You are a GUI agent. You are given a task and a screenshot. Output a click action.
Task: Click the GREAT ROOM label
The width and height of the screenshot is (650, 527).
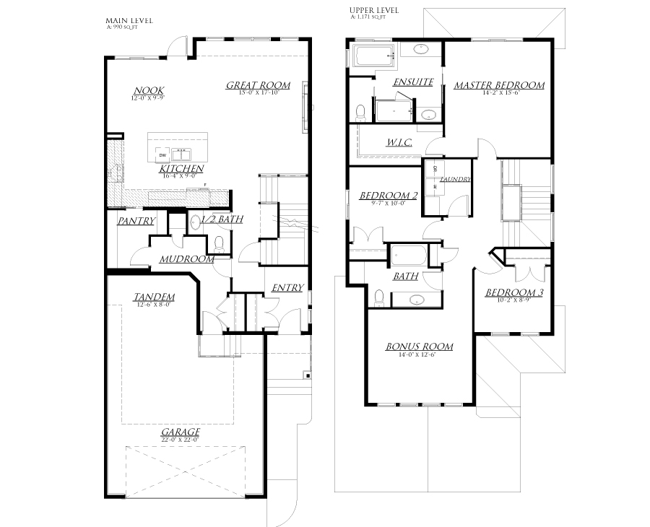(x=258, y=85)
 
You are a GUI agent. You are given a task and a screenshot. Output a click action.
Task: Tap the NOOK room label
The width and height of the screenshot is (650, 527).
(x=144, y=91)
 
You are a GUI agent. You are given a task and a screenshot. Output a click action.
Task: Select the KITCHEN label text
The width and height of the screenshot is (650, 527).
(x=182, y=168)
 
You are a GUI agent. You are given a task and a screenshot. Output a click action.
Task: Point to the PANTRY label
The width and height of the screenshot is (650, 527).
(x=136, y=221)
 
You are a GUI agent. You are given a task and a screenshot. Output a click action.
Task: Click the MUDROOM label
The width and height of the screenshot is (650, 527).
(x=186, y=258)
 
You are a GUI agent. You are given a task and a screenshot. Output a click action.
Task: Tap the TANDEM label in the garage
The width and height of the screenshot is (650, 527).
(x=155, y=297)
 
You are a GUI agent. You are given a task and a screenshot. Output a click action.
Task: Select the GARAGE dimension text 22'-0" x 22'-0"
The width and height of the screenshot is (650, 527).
(x=180, y=439)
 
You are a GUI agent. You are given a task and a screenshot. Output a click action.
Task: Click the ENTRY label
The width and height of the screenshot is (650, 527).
(x=287, y=288)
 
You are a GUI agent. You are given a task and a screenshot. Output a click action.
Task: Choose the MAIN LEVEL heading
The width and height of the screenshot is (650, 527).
(x=129, y=20)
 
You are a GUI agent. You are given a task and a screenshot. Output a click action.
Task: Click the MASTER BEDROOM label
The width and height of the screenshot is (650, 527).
(x=499, y=85)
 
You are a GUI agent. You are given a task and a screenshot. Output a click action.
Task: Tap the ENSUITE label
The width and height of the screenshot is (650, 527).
(x=412, y=82)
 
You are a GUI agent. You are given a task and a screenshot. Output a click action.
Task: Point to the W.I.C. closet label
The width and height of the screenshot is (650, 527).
(x=398, y=143)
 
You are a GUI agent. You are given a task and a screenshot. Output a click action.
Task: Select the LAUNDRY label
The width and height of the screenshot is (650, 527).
(x=456, y=179)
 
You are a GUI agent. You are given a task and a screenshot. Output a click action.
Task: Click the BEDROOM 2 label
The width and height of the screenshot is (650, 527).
(x=389, y=195)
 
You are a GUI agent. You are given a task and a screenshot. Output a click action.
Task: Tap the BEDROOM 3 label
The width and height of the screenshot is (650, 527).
(x=513, y=292)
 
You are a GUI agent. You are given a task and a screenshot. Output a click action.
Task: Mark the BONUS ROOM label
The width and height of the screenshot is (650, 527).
(x=420, y=347)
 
